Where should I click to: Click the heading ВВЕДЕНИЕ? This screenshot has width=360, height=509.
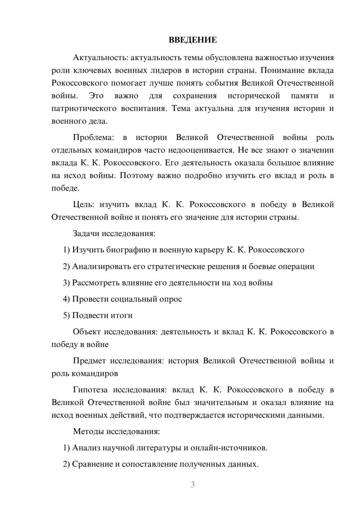tap(193, 40)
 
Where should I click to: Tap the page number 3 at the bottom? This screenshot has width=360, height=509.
tap(193, 485)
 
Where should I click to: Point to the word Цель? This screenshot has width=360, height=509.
tap(84, 204)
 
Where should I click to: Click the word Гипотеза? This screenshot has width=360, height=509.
tap(91, 389)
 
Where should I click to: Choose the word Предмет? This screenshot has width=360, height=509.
tap(89, 361)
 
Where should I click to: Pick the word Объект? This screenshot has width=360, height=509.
tap(86, 332)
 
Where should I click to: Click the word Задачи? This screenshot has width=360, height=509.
tap(86, 233)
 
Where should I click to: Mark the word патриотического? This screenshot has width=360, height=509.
tap(84, 108)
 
